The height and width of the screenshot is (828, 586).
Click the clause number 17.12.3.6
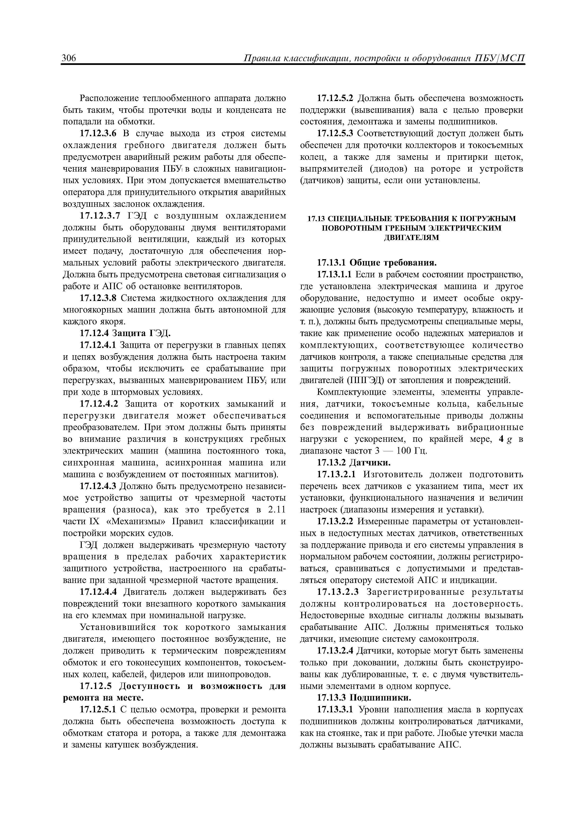tap(99, 134)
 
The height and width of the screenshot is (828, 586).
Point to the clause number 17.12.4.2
tap(98, 404)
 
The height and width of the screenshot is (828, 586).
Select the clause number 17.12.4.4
tap(98, 592)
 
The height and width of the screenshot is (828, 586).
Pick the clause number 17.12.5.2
tap(336, 98)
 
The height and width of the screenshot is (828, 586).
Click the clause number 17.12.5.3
tap(336, 134)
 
